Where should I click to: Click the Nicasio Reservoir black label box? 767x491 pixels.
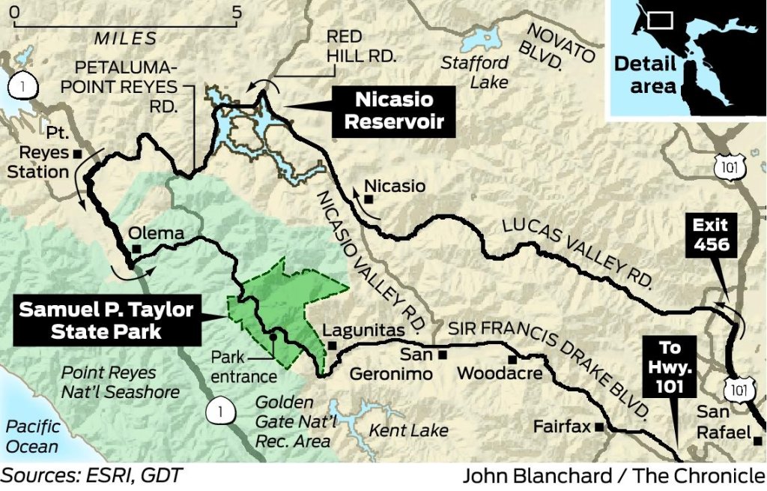[x=395, y=111]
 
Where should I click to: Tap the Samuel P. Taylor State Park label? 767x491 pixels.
[x=106, y=320]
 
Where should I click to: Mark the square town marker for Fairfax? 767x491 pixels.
[x=599, y=427]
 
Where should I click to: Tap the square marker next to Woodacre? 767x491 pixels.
[x=512, y=360]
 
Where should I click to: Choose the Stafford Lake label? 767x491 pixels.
[x=474, y=71]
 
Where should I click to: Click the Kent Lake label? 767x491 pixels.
[x=408, y=430]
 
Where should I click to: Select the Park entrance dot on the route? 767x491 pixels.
[x=274, y=337]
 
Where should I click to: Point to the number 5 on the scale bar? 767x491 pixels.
[x=237, y=12]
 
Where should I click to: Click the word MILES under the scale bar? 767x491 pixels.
[x=125, y=39]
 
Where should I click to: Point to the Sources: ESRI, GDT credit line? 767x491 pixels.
[x=91, y=475]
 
